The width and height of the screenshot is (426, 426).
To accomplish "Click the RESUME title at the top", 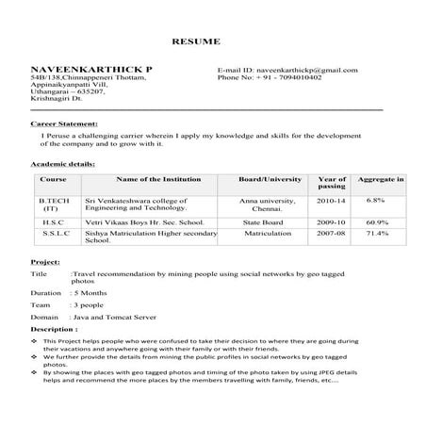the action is point(196,42).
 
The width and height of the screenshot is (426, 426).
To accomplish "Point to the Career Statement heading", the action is point(66,123).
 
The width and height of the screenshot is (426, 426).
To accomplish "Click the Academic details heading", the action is point(62,164).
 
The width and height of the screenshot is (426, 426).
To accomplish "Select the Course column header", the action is point(54,179).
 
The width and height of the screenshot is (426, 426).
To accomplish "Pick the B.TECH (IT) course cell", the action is point(50,205).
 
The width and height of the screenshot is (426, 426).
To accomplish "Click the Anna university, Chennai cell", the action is point(268,205).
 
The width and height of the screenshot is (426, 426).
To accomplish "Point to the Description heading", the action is point(54,330).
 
